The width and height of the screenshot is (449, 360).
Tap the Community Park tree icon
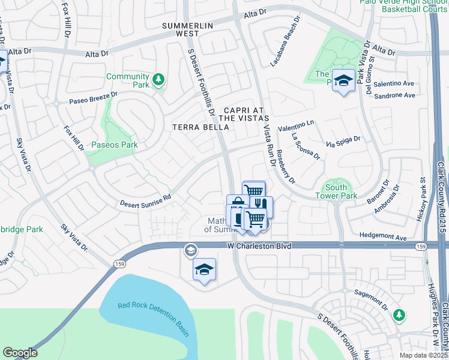tap(158, 79)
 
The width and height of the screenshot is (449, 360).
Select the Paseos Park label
tap(115, 145)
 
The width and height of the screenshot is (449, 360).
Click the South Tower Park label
tap(336, 191)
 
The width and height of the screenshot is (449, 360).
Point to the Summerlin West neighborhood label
tap(188, 30)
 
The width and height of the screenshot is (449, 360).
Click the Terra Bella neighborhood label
tap(192, 127)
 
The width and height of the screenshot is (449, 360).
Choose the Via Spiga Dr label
tap(343, 142)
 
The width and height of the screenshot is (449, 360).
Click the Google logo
tap(19, 353)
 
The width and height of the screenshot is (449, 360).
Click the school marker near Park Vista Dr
tap(344, 82)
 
